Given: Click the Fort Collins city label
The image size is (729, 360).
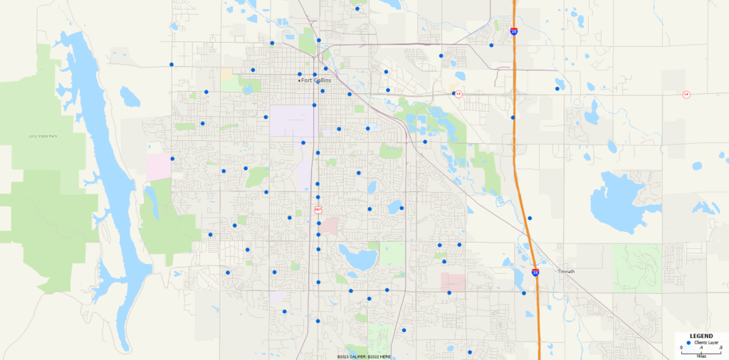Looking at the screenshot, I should coord(316,80).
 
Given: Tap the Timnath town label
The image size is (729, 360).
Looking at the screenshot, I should coord(566,271).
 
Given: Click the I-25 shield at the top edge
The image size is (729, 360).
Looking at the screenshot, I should coord(514,31).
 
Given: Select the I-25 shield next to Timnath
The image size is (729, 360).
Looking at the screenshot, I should coord(535,271).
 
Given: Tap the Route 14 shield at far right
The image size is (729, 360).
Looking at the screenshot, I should coord(686,94).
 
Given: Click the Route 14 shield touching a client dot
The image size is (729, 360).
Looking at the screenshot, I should coord(458,93).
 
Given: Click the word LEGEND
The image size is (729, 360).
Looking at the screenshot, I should coord(701,336).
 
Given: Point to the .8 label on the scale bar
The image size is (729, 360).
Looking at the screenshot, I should coord(721,347).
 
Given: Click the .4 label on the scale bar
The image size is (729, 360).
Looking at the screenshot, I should coord(701,347).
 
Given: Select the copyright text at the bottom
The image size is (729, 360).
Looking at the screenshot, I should coord(364,356).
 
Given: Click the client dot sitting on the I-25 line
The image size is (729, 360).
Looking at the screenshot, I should coord(513,117).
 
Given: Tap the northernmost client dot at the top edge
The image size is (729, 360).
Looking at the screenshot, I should coord(357,9).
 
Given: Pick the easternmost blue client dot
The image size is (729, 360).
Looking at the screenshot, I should coord(557,89).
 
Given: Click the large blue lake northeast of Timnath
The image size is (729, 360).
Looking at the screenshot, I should coord(617,201).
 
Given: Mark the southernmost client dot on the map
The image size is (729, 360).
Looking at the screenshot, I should coord(470,352).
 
